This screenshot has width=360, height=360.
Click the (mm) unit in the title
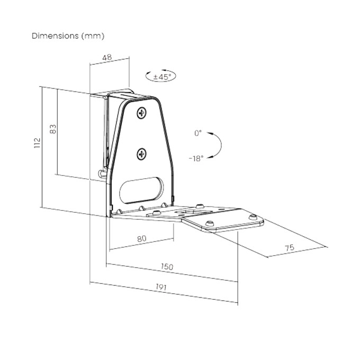[x=93, y=36]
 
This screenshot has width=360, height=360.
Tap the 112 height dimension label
[x=37, y=143]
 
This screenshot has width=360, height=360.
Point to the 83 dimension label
[x=52, y=129]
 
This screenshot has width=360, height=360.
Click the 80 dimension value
[x=141, y=239]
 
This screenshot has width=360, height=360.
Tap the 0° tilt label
[x=197, y=133]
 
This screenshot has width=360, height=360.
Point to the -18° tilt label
[x=195, y=158]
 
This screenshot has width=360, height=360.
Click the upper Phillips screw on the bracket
[x=141, y=113]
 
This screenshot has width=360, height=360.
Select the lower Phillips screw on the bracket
[x=141, y=154]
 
